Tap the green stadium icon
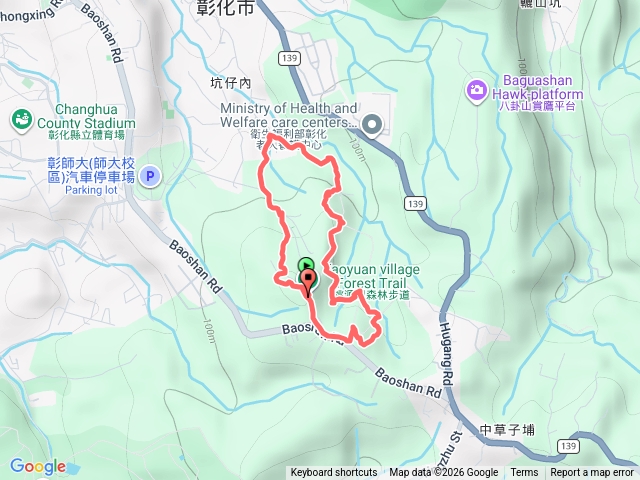pyautogui.click(x=20, y=120)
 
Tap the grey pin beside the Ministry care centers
pyautogui.click(x=373, y=125)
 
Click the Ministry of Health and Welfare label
pyautogui.click(x=289, y=115)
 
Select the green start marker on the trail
pyautogui.click(x=305, y=266)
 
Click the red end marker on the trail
pyautogui.click(x=307, y=279)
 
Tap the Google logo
pyautogui.click(x=38, y=466)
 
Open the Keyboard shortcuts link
pyautogui.click(x=334, y=473)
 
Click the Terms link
pyautogui.click(x=524, y=473)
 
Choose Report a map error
pyautogui.click(x=593, y=473)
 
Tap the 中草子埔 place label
pyautogui.click(x=507, y=431)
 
